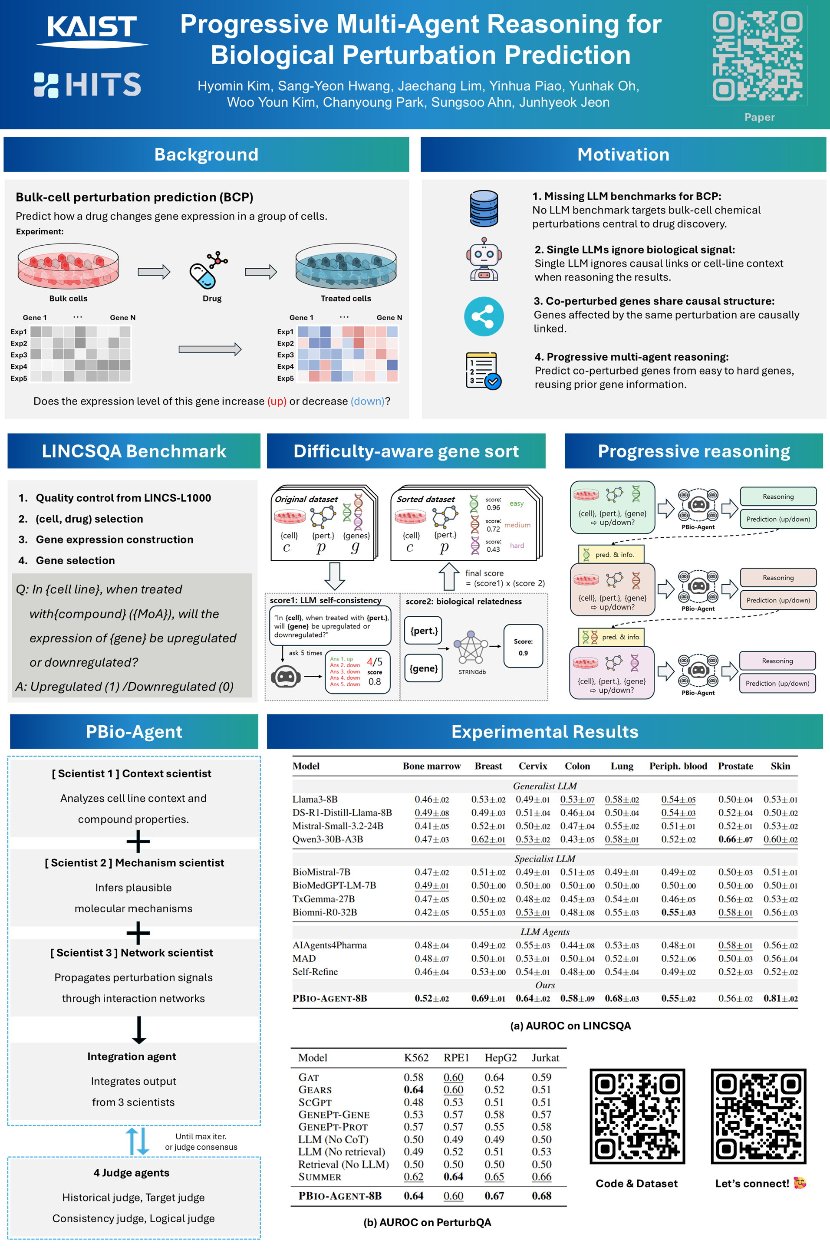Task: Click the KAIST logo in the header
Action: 92,31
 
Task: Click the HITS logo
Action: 87,85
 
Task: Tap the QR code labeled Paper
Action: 758,56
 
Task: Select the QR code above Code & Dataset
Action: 637,1116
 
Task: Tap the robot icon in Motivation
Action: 483,259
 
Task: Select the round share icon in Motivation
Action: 484,316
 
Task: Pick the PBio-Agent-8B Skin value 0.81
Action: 780,999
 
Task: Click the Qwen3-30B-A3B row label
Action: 328,839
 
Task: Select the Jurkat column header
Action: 545,1057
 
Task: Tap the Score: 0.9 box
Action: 523,647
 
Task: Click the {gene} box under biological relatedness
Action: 424,668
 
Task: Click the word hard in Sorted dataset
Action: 517,546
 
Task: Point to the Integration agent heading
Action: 132,1056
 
